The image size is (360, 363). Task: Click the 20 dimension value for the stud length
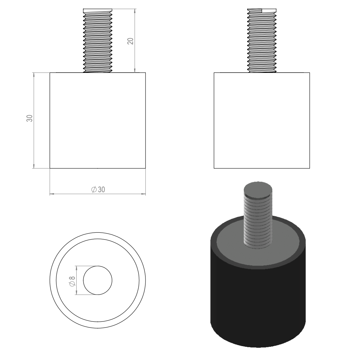(131, 41)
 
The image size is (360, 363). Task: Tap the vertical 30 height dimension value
(30, 118)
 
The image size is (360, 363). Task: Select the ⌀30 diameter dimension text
(98, 190)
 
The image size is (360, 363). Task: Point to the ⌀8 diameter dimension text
(72, 280)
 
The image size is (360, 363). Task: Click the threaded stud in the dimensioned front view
(98, 41)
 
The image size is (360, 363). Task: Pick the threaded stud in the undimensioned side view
(262, 41)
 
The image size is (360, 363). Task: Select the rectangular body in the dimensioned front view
(98, 120)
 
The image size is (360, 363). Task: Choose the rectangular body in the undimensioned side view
(262, 120)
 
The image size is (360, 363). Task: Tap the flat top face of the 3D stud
(258, 190)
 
